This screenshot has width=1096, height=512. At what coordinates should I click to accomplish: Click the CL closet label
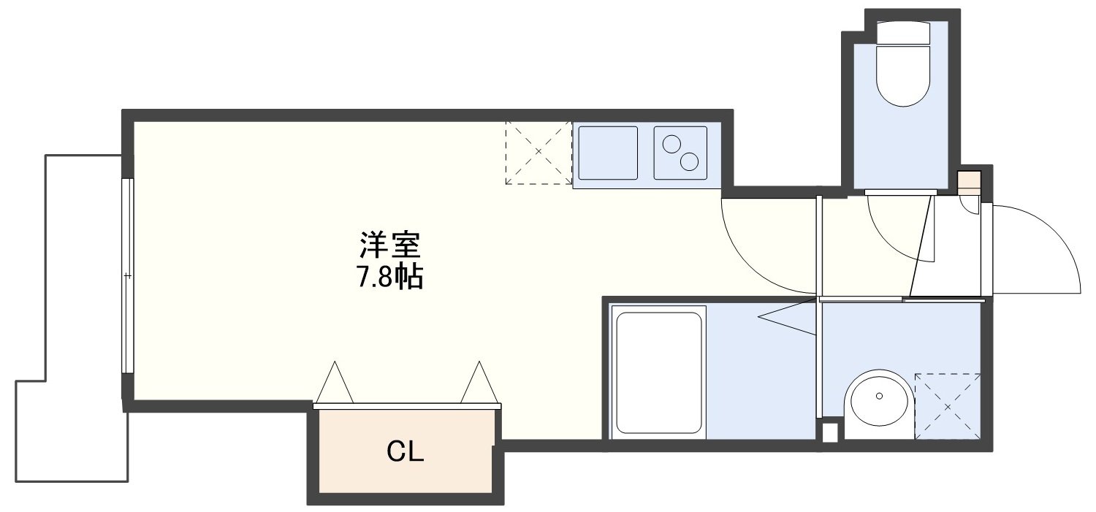coord(406,453)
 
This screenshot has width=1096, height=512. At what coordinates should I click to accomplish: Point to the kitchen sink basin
coord(607,152)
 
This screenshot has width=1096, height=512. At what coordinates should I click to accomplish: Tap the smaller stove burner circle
coord(671,144)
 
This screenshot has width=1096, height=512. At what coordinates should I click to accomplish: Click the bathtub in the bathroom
coord(658,372)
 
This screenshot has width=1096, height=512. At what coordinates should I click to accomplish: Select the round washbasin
coord(877,405)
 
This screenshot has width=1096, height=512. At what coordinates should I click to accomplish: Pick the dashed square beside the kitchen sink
coord(539,152)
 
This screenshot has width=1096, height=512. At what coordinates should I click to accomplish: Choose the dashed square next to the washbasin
coord(947,406)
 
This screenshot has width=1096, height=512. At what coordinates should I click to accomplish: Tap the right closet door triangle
coord(479,382)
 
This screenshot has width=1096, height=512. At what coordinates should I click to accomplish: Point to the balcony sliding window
coord(127,276)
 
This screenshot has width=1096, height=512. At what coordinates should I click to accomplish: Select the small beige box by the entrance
coord(969,180)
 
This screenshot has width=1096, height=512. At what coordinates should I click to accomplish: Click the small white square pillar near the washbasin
coord(829,432)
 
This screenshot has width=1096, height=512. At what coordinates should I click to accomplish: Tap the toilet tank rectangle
coord(903,34)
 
